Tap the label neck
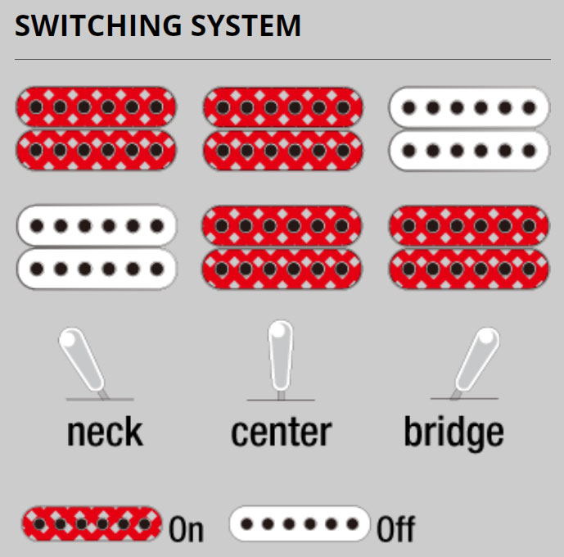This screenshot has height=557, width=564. click(x=105, y=432)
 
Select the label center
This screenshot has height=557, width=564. click(x=281, y=432)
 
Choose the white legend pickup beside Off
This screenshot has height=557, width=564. click(x=300, y=523)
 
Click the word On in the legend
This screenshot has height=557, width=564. click(x=186, y=530)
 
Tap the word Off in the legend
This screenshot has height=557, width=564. click(x=395, y=530)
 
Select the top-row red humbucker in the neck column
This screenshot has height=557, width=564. click(x=97, y=129)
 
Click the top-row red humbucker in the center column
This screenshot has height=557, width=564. click(x=283, y=129)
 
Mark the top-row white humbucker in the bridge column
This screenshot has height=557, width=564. click(x=469, y=129)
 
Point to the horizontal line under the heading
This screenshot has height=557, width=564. click(x=282, y=60)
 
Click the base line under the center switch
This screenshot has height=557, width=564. click(x=281, y=400)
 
